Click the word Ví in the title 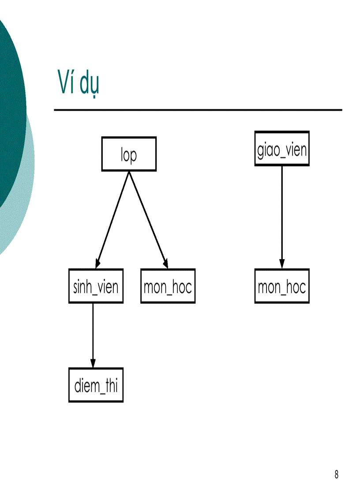[x=66, y=83]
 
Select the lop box [x=128, y=154]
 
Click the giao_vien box [x=281, y=149]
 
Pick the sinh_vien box [x=96, y=286]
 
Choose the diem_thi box [x=96, y=385]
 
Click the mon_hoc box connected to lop [x=168, y=286]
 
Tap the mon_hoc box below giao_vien [x=281, y=286]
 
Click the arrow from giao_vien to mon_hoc [x=281, y=216]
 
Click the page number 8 [x=336, y=475]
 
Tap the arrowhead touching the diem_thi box [x=93, y=363]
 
